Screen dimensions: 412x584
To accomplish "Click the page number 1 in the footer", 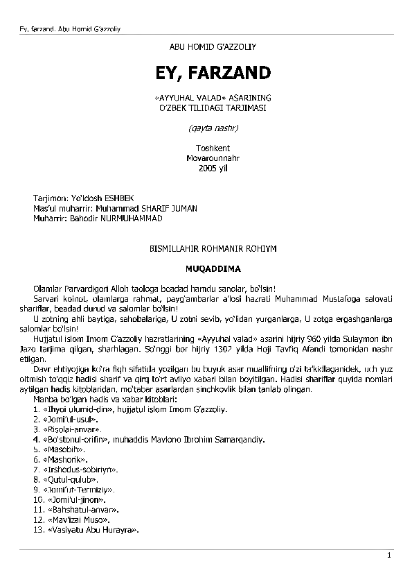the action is [x=389, y=556].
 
